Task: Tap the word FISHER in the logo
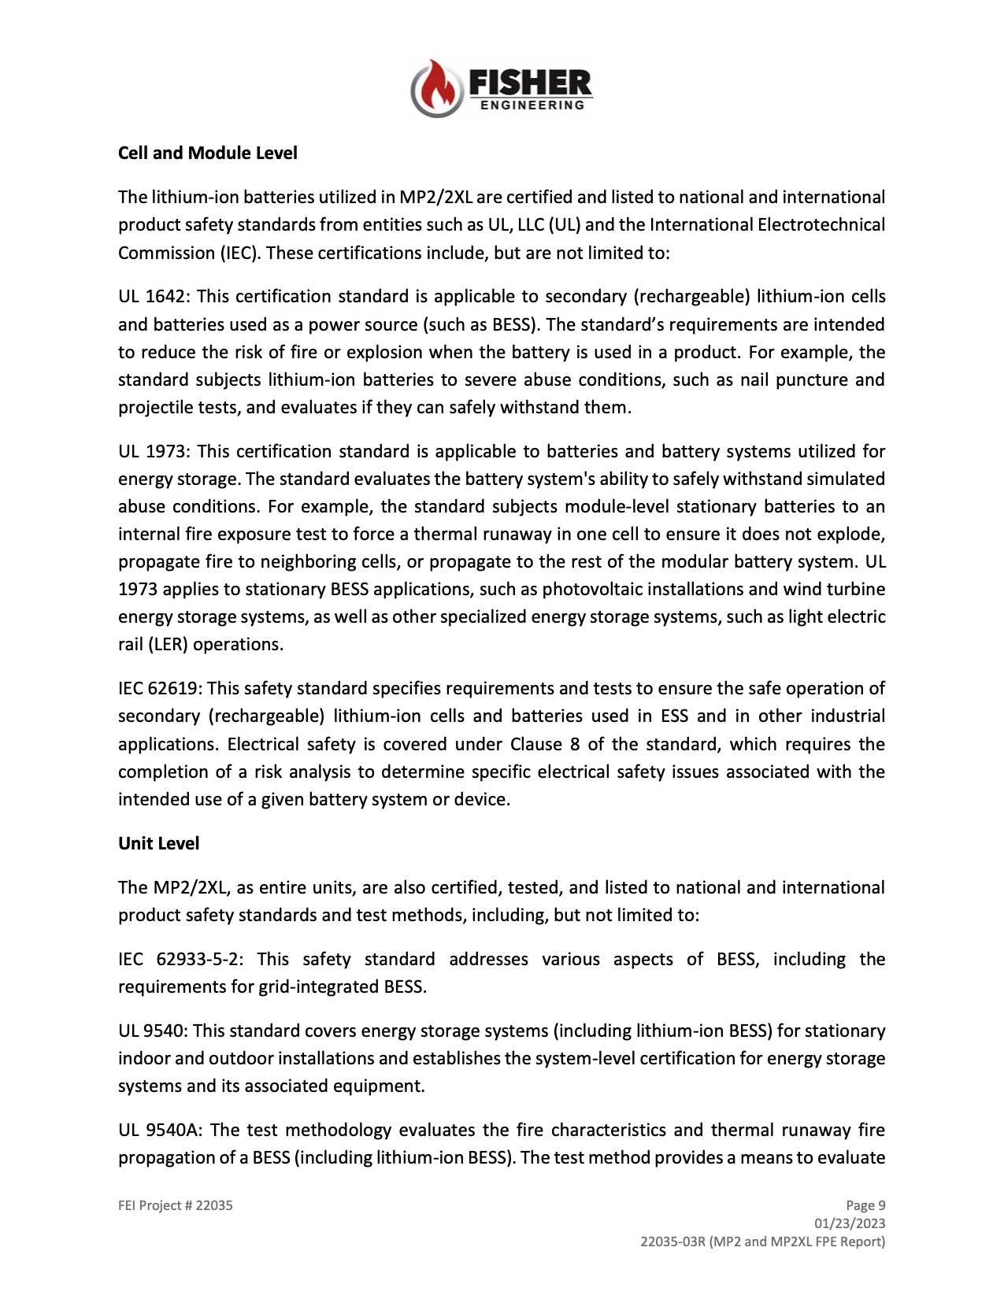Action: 529,82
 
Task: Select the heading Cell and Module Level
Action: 208,153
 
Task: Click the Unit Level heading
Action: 158,843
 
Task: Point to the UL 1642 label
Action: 153,297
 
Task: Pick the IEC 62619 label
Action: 160,689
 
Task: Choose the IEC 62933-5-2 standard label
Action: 180,960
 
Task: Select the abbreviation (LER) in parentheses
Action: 163,645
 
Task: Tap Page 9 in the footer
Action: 865,1205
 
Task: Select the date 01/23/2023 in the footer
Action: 850,1223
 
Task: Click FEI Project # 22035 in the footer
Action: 176,1205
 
